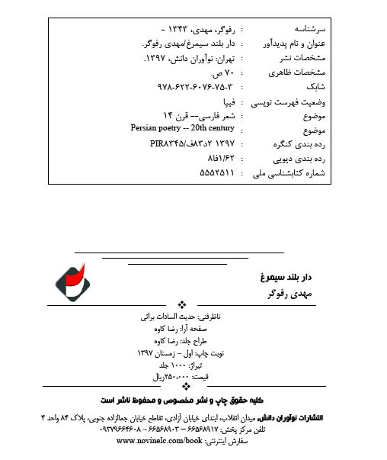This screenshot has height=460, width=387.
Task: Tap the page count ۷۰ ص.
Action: click(219, 74)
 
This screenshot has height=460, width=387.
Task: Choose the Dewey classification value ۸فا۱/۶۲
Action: click(216, 158)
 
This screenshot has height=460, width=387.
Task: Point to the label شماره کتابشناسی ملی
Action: click(298, 173)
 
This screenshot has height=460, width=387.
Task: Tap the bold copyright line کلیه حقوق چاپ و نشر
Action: click(178, 400)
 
